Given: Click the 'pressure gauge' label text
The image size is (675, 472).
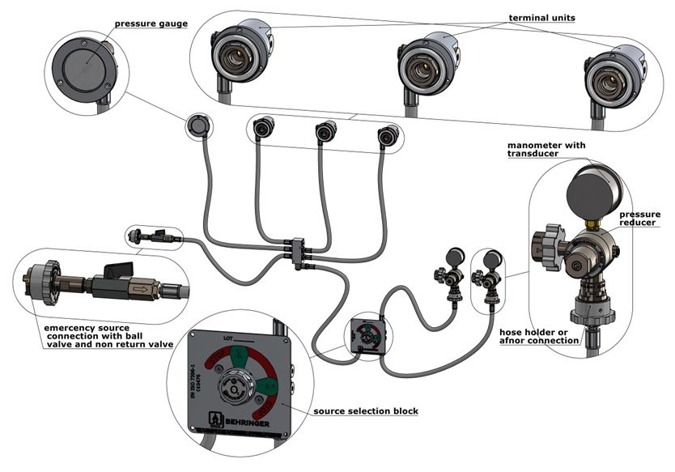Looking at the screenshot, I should (x=151, y=23).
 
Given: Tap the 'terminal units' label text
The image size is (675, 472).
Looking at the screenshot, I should (x=541, y=16).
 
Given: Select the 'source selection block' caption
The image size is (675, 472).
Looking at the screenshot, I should (x=367, y=411).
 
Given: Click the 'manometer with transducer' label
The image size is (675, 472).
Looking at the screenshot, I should (x=541, y=150).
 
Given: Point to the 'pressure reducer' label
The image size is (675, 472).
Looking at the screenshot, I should (x=639, y=219).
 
